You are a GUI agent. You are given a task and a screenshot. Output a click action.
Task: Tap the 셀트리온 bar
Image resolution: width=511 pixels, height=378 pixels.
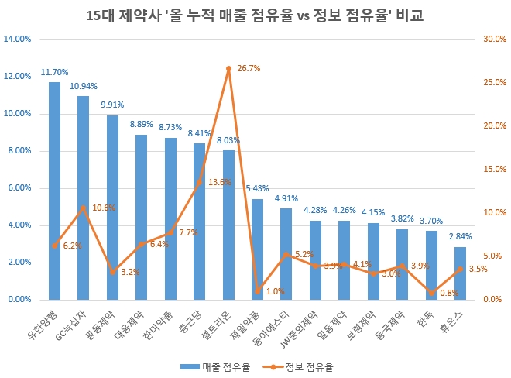[x=228, y=225]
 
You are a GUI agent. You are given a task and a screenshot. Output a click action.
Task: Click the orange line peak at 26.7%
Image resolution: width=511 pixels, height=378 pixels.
[x=228, y=68]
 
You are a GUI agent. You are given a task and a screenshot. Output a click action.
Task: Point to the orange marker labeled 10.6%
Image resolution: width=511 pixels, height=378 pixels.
[x=84, y=208]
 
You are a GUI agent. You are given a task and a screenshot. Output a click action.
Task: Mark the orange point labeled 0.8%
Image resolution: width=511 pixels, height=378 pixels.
[x=431, y=292]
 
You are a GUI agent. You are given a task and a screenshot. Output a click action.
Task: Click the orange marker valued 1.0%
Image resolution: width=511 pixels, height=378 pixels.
[x=257, y=290]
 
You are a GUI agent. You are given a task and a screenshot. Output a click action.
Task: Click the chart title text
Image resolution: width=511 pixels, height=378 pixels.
[x=256, y=15]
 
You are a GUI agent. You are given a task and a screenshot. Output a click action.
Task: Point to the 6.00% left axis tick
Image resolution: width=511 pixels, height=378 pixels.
[x=19, y=187]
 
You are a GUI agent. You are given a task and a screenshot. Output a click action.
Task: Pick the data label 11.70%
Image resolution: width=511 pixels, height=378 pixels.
[x=54, y=73]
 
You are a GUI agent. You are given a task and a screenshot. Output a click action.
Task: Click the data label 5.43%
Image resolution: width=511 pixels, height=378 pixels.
[x=257, y=189]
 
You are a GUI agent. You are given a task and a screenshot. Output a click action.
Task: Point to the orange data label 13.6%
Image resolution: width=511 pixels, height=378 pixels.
[x=220, y=182]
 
